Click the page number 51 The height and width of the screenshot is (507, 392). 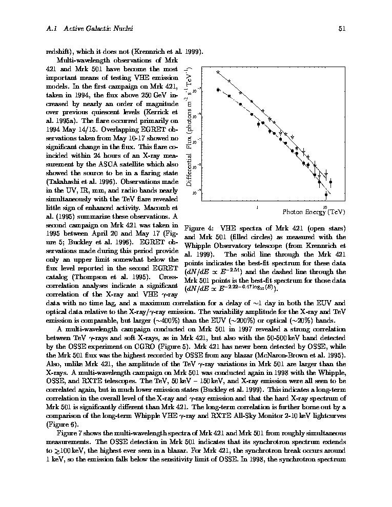[x=342, y=29]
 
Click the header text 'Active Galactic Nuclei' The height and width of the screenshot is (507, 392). [x=98, y=29]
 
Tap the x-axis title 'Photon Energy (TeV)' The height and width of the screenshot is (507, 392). [x=314, y=212]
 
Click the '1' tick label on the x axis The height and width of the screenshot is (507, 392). [x=256, y=206]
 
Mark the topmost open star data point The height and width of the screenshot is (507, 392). [x=218, y=73]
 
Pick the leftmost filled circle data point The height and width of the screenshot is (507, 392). [x=218, y=90]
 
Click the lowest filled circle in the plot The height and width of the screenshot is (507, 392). [x=326, y=194]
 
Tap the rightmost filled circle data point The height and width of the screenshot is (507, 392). [x=331, y=182]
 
